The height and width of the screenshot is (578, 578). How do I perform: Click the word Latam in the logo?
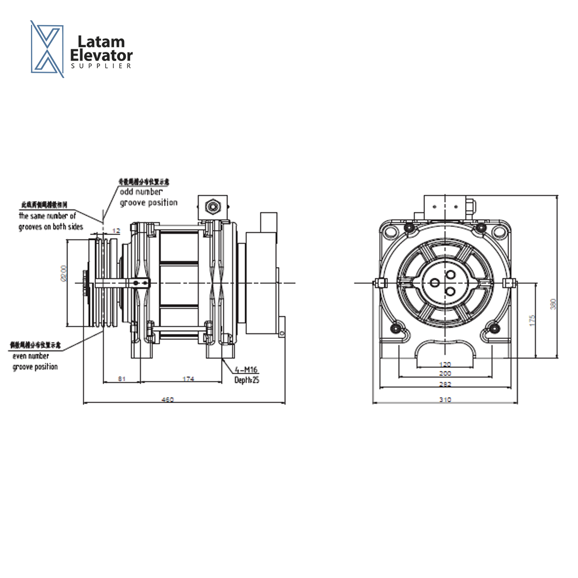[101, 42]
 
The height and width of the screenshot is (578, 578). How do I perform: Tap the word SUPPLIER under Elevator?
[101, 66]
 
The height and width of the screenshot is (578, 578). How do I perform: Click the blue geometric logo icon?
[47, 49]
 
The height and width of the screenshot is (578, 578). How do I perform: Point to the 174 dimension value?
[188, 379]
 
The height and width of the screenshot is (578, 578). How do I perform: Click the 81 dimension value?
[121, 379]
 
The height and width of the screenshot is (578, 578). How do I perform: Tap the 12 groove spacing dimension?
[116, 230]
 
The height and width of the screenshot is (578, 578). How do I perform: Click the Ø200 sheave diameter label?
[63, 273]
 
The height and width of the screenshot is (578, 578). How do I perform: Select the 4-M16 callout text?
[247, 369]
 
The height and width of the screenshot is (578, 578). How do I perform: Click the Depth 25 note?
[246, 380]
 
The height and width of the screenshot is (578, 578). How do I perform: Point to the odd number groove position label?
[148, 197]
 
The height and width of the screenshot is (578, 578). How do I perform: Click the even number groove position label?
[35, 361]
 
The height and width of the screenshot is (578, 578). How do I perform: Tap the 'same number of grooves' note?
[50, 221]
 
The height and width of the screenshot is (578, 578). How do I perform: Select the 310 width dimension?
[445, 399]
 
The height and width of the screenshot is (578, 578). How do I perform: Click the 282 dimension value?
[445, 384]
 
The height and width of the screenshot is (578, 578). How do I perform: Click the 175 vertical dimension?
[532, 321]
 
